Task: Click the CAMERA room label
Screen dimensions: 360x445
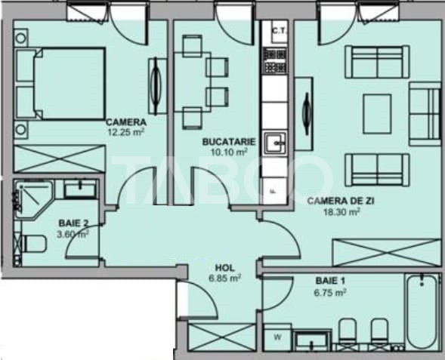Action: point(125,122)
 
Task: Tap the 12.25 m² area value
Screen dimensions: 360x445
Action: point(125,131)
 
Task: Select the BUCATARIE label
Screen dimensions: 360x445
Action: point(228,141)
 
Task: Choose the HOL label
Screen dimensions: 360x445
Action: point(224,267)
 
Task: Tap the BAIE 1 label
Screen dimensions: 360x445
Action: point(330,281)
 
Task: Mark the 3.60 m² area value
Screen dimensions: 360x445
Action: point(74,233)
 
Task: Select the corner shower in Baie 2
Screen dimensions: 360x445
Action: point(33,198)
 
